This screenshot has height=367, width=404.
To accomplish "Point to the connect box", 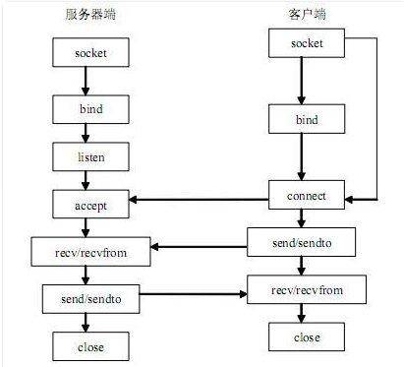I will click(x=306, y=197).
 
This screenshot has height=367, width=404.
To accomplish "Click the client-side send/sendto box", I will click(x=306, y=241).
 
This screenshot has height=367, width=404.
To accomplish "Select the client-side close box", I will click(x=306, y=337).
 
